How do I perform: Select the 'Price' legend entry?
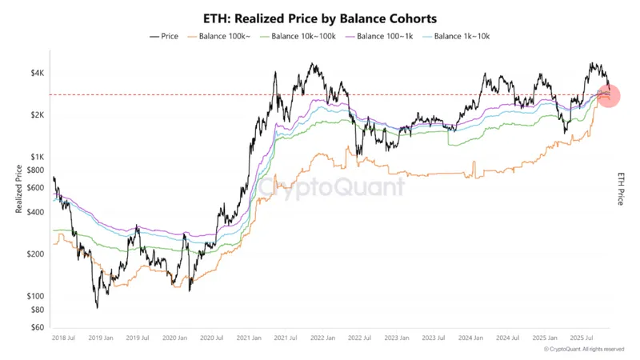tap(165, 36)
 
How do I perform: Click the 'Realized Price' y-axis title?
tap(18, 189)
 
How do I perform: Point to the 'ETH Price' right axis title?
tap(621, 189)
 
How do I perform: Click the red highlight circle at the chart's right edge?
tap(607, 96)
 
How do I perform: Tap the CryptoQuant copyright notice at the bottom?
tap(583, 350)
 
